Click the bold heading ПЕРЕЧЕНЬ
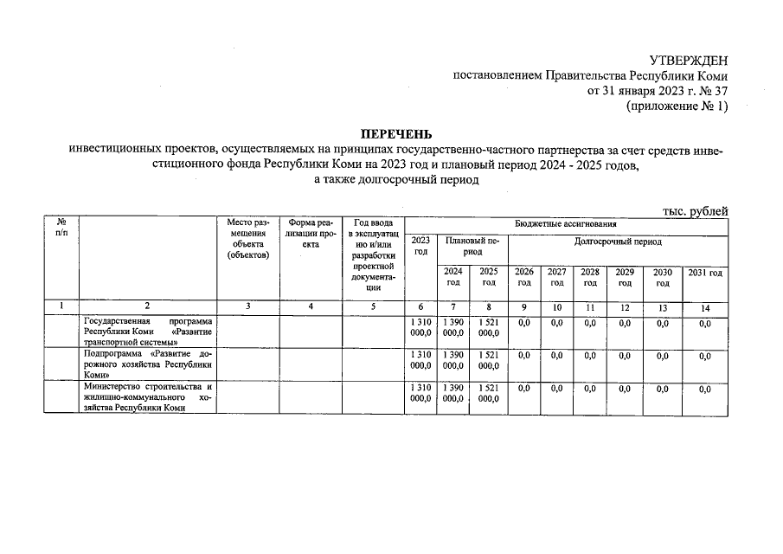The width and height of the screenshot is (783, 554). (x=391, y=134)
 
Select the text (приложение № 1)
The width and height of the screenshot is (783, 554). (x=677, y=106)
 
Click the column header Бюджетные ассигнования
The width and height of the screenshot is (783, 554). (x=566, y=222)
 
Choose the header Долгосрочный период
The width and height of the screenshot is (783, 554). (x=617, y=242)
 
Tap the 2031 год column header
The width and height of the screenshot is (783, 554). (x=704, y=273)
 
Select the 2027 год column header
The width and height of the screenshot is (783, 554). (x=556, y=277)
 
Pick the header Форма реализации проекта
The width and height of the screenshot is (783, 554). (x=310, y=233)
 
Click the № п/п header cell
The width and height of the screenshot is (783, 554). (x=60, y=228)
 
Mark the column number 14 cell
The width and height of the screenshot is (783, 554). (x=704, y=306)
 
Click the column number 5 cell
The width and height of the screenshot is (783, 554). (x=373, y=306)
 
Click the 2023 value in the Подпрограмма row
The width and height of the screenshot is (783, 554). (x=420, y=360)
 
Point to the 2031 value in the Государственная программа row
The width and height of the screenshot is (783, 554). (x=704, y=323)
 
